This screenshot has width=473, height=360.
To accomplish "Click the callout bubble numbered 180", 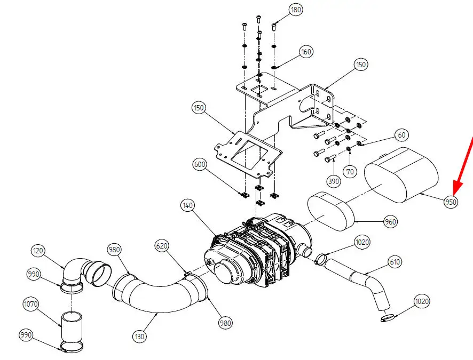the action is [x=296, y=10].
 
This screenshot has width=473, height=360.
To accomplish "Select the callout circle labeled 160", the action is [x=306, y=52].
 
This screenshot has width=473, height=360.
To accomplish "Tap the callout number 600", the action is [x=199, y=164].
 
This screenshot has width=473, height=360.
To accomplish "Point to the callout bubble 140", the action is [x=187, y=205].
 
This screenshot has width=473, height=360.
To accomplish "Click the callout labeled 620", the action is [x=162, y=246].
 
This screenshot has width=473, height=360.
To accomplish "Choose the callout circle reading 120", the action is [x=38, y=251].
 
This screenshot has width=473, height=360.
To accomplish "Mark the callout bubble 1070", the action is [x=31, y=304].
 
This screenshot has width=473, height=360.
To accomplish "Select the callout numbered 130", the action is [x=139, y=336].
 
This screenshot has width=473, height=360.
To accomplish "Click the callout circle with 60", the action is [x=401, y=135].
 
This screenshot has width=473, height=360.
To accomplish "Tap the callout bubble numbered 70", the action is [x=350, y=172].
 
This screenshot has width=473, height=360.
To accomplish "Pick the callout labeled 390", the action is [x=334, y=181].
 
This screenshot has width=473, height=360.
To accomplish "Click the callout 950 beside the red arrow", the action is [x=451, y=202].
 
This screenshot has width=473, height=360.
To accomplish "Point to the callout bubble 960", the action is [x=390, y=222].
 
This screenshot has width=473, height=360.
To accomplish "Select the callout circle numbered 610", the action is [x=395, y=262].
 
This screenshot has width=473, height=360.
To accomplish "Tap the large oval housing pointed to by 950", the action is [x=401, y=175].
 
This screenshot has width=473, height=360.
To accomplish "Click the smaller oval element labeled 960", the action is [x=330, y=211].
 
